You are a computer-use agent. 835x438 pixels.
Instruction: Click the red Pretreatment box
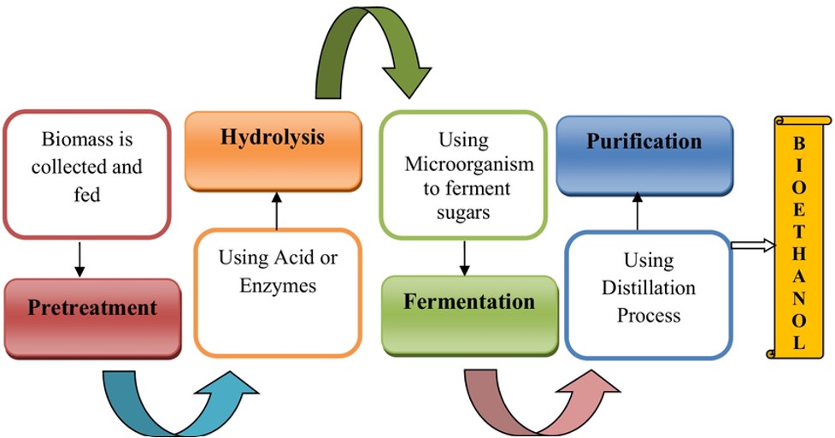(x=92, y=318)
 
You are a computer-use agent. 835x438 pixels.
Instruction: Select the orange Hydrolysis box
(x=273, y=151)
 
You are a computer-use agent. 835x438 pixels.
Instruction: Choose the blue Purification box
(x=645, y=156)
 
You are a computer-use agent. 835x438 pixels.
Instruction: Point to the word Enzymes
(x=278, y=286)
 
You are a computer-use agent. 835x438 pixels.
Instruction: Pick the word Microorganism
(x=469, y=164)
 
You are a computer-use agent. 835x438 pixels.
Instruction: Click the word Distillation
(x=649, y=287)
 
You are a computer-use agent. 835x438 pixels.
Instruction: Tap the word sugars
(x=463, y=213)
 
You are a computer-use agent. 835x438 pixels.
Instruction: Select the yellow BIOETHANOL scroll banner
(x=798, y=237)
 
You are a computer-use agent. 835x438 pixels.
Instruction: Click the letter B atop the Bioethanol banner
(x=799, y=144)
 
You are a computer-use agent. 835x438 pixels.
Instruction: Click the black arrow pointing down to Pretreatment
(x=79, y=259)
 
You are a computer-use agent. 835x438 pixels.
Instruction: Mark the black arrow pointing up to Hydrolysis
(x=276, y=211)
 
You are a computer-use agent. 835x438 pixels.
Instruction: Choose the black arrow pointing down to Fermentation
(x=464, y=258)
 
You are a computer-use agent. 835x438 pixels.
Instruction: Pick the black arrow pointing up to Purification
(x=638, y=211)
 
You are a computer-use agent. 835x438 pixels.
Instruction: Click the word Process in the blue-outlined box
(x=649, y=316)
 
